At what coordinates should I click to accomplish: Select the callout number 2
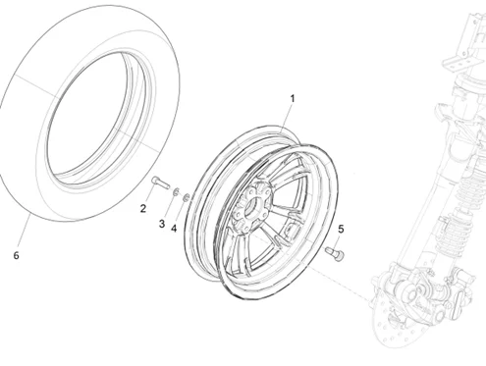pyautogui.click(x=143, y=208)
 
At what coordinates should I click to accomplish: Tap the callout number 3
pyautogui.click(x=162, y=225)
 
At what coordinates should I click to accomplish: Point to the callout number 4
pyautogui.click(x=175, y=230)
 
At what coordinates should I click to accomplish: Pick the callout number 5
pyautogui.click(x=341, y=230)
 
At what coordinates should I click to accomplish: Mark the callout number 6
pyautogui.click(x=15, y=256)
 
